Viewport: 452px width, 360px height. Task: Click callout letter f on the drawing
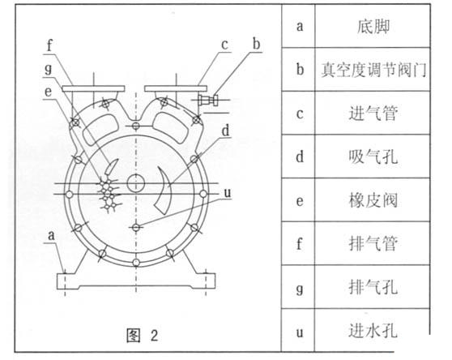(50, 46)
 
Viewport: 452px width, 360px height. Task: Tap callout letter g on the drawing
(49, 69)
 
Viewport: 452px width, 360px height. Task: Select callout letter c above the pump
(224, 45)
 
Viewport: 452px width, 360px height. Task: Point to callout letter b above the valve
(256, 44)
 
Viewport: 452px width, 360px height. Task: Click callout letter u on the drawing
(228, 193)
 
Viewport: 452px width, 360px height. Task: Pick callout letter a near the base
(51, 236)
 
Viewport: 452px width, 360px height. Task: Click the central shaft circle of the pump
(136, 183)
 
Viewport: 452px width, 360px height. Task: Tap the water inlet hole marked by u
(136, 227)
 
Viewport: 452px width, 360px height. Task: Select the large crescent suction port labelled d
(165, 191)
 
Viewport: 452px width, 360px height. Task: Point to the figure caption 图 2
(143, 335)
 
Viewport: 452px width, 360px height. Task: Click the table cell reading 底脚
(373, 27)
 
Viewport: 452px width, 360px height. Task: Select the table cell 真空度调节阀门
(373, 70)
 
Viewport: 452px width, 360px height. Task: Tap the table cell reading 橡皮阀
(373, 200)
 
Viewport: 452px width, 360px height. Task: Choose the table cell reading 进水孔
(373, 331)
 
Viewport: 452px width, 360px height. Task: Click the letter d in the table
(300, 156)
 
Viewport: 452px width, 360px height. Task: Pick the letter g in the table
(300, 288)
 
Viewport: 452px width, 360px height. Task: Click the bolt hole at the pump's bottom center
(136, 263)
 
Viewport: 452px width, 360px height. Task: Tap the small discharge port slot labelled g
(111, 167)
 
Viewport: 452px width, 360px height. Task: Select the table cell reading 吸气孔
(373, 157)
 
